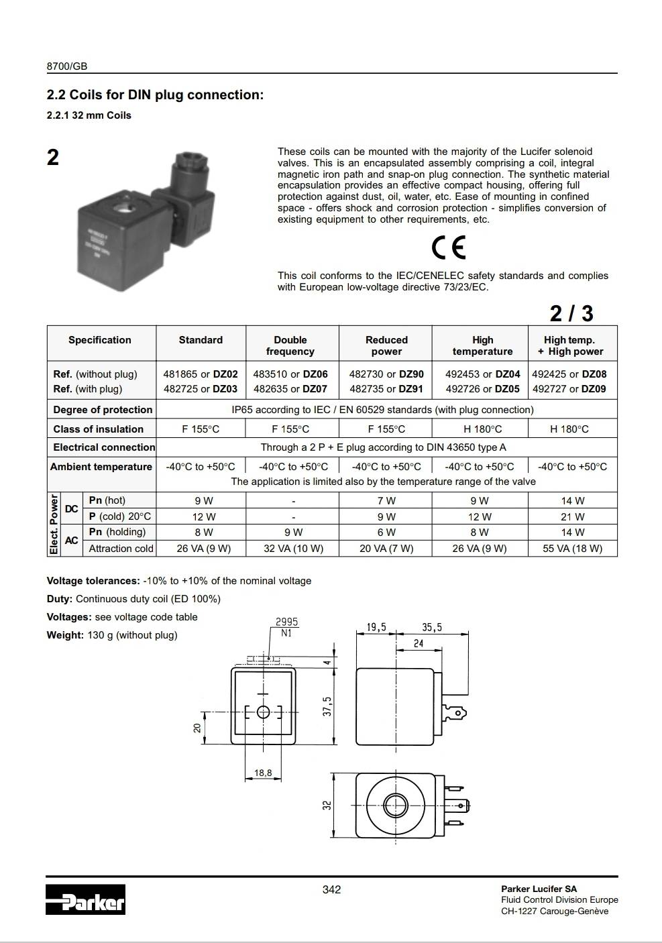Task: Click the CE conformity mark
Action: click(x=449, y=248)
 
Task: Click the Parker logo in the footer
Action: click(x=86, y=899)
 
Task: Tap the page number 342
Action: click(x=331, y=889)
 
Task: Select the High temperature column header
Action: click(x=482, y=345)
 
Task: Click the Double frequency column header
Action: click(x=290, y=345)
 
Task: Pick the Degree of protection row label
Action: click(x=103, y=410)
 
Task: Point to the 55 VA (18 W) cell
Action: click(x=572, y=549)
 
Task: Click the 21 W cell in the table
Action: click(x=572, y=517)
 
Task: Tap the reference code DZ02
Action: click(x=225, y=374)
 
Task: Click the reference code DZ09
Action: click(x=594, y=389)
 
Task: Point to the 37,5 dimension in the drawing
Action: click(x=327, y=706)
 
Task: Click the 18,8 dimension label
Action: click(x=263, y=773)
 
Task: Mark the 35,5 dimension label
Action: click(x=432, y=628)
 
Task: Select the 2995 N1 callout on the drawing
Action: click(x=286, y=627)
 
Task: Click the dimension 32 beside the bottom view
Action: click(x=327, y=803)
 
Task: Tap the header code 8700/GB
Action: click(x=67, y=66)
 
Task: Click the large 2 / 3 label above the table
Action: click(x=571, y=313)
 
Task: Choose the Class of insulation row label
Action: click(x=99, y=429)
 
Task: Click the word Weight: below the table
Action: click(x=65, y=635)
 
